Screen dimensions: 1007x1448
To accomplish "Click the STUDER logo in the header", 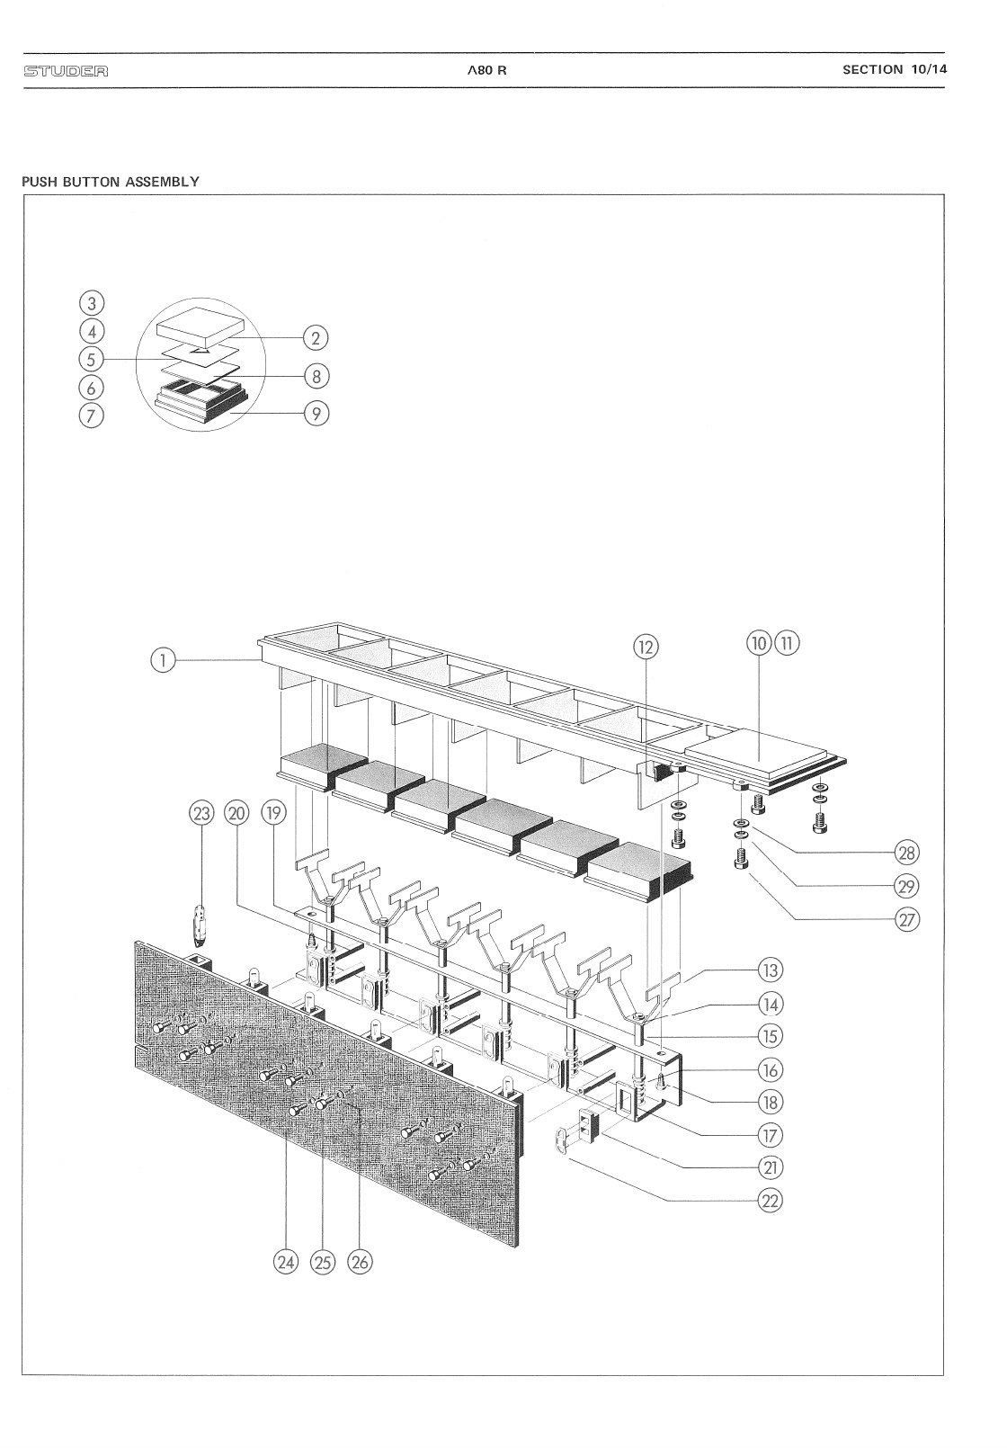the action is [66, 71].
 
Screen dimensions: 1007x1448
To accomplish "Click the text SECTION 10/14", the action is [895, 69].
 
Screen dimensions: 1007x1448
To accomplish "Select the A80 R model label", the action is [486, 71].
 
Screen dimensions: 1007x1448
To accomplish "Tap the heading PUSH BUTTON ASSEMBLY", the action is [111, 182].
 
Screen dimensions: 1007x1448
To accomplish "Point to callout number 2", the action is [316, 338].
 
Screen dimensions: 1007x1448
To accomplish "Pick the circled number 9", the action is [316, 414].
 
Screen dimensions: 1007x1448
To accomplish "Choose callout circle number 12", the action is [646, 645].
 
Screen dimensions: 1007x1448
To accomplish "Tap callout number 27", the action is [907, 920].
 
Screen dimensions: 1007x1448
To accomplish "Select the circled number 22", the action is [770, 1201].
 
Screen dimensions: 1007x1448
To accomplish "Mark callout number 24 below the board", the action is [285, 1263].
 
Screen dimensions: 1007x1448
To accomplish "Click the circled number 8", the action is [316, 375].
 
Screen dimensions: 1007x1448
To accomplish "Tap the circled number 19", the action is [273, 813].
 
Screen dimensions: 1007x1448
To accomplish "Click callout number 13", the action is [770, 970].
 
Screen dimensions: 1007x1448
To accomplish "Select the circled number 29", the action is [907, 887].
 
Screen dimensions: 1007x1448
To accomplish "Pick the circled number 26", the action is [359, 1263].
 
